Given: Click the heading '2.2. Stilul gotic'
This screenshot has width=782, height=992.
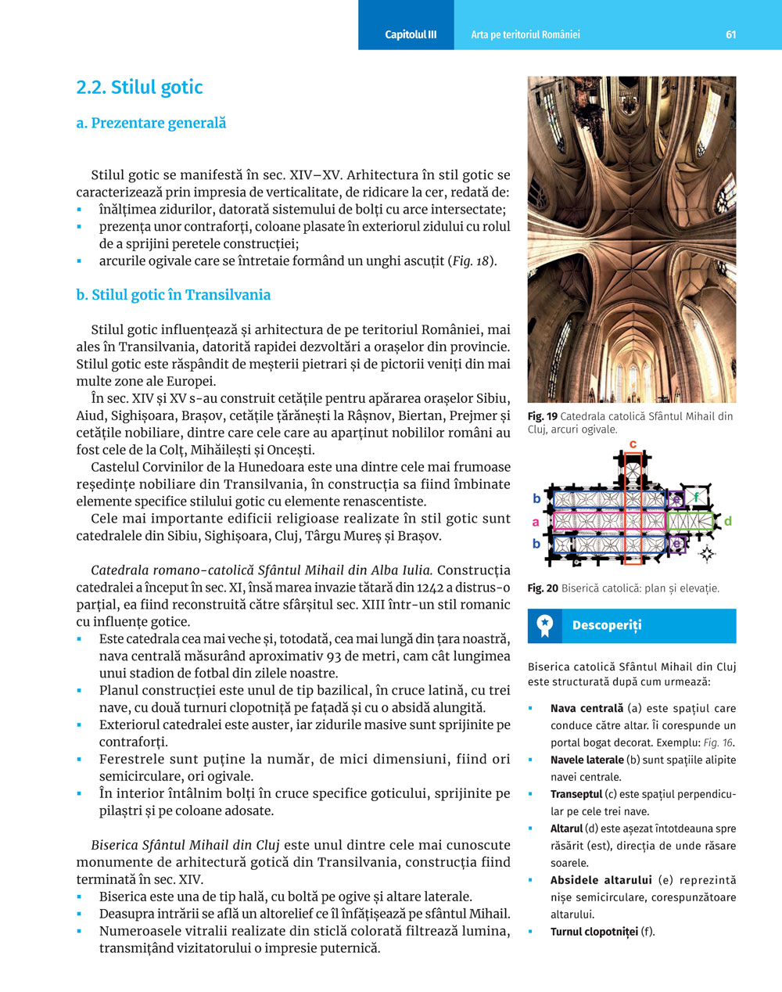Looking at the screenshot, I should tap(139, 88).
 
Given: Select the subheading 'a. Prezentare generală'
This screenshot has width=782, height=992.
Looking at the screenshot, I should tap(151, 123).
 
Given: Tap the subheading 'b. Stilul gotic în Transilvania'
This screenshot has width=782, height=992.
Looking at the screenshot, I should tap(173, 295).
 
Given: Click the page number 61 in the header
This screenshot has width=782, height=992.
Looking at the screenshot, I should tap(730, 34).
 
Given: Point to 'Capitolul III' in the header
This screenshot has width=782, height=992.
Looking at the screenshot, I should tap(411, 34).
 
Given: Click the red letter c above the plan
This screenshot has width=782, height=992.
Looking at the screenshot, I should tap(633, 444).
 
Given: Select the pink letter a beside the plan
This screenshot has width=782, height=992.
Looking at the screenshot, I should tap(536, 522).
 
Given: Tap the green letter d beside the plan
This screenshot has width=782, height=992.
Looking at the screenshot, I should tap(728, 521).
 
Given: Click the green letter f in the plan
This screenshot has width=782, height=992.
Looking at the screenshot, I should tap(697, 497).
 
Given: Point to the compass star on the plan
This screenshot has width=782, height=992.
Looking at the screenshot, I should tap(707, 555).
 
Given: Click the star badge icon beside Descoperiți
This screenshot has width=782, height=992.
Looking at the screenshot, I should tap(545, 625).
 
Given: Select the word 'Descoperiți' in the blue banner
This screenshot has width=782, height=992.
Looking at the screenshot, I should tap(606, 625).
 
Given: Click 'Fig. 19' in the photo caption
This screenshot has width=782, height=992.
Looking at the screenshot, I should tap(542, 416).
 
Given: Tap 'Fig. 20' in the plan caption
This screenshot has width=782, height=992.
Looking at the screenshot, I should tap(543, 588).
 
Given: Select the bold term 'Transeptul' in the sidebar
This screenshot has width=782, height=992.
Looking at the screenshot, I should tap(576, 794).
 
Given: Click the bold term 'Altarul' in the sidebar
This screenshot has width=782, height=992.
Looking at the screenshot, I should tap(566, 828).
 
